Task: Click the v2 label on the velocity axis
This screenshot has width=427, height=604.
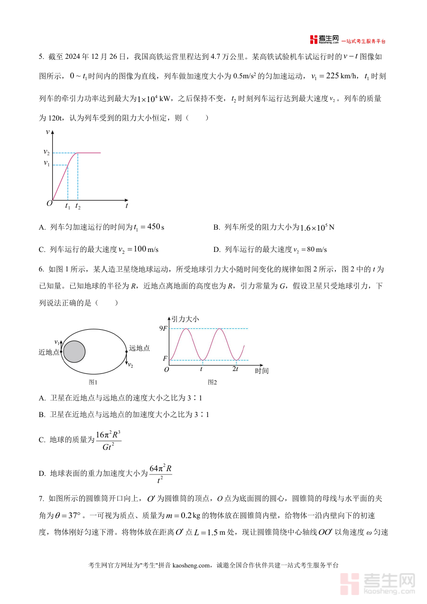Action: tap(46, 152)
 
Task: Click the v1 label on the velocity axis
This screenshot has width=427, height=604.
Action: tap(46, 163)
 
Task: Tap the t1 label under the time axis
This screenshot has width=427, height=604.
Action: tap(67, 206)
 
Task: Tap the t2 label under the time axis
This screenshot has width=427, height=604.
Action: tap(78, 206)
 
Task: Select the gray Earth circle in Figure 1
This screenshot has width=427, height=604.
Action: tap(74, 352)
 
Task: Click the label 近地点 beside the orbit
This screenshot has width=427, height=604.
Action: tap(49, 352)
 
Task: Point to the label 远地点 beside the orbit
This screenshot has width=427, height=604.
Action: tap(139, 348)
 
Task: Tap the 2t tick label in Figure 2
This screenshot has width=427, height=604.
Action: tap(235, 369)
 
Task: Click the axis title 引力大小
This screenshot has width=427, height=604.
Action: tap(185, 319)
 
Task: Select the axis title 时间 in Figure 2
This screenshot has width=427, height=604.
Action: tap(261, 371)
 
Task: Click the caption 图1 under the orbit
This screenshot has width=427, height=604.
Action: tap(93, 382)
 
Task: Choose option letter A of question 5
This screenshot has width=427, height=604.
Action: tap(42, 227)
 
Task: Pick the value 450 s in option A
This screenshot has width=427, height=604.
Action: tap(156, 227)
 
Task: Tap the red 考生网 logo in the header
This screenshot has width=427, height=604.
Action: tap(325, 39)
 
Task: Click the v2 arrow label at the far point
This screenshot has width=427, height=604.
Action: tap(130, 365)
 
